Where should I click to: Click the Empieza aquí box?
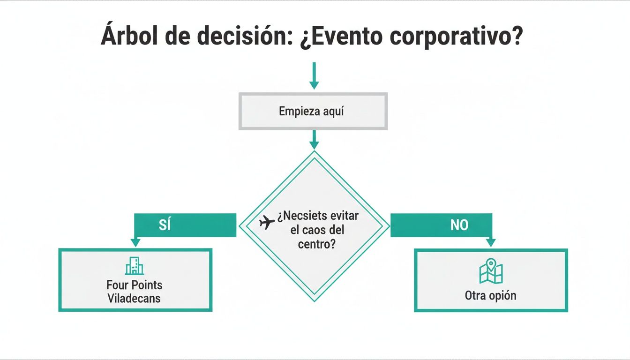(313, 112)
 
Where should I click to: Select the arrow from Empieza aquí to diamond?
(314, 140)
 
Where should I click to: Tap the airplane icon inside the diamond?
(267, 223)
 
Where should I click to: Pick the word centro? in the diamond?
(317, 244)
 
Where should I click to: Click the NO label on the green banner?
(459, 225)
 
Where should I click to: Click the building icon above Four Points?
(135, 266)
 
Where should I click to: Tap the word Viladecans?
(134, 298)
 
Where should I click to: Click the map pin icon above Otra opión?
(491, 271)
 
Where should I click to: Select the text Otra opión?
(490, 296)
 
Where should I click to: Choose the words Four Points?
(134, 285)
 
